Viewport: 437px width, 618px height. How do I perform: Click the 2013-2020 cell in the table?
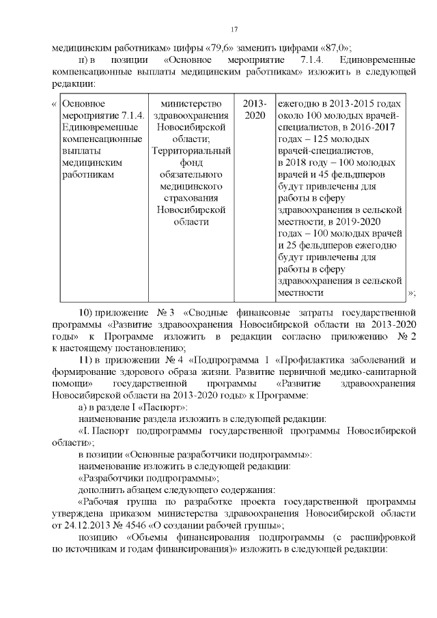255,109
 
